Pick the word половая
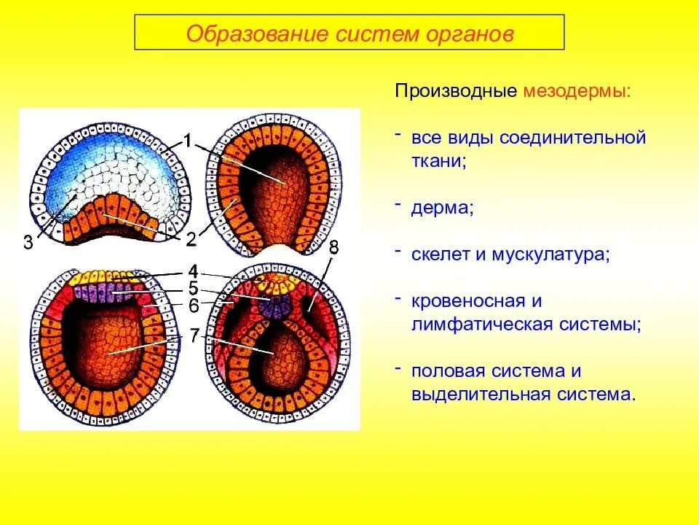pos(449,370)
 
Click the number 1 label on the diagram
pos(188,141)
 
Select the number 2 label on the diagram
pos(191,238)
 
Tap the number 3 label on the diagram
pos(28,243)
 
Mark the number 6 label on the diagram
pos(194,306)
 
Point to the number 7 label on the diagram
pos(194,335)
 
